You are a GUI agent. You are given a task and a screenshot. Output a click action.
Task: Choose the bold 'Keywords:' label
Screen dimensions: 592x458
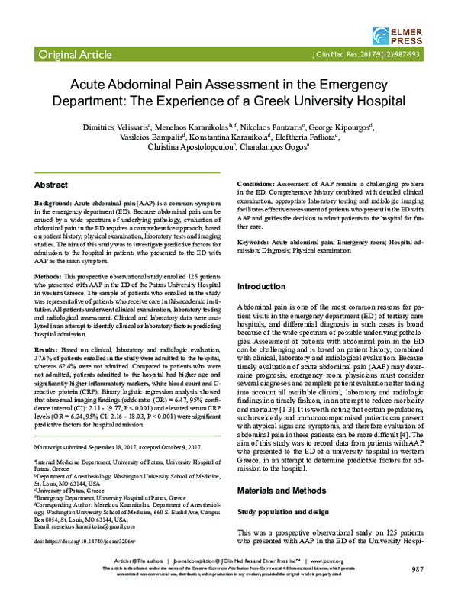click(258, 241)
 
